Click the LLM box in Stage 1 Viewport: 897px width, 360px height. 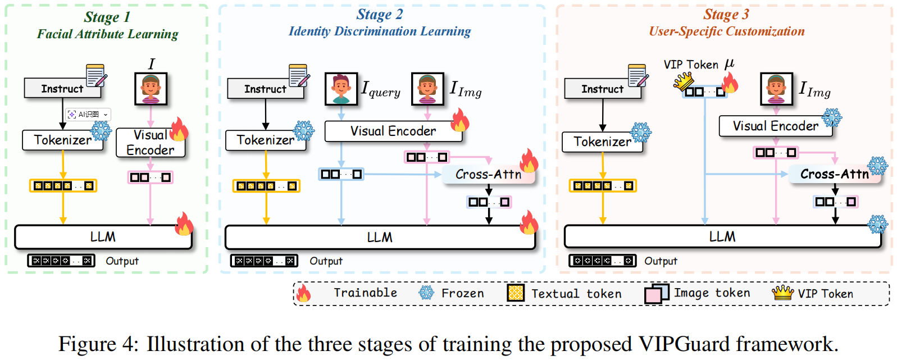click(103, 237)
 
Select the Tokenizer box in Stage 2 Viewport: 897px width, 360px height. click(265, 140)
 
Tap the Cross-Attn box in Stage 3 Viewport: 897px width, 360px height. click(834, 174)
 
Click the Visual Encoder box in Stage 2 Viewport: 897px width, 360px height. click(393, 131)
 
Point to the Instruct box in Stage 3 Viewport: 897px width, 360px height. click(602, 89)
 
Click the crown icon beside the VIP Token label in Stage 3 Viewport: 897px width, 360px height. click(684, 82)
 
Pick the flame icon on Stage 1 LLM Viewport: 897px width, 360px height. click(184, 224)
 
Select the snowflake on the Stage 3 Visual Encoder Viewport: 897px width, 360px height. click(832, 117)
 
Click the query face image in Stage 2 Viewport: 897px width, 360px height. click(341, 89)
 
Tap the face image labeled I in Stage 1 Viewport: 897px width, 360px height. click(151, 89)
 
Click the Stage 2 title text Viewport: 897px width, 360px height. click(380, 15)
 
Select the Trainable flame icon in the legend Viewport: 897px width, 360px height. click(303, 293)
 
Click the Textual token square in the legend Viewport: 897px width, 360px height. click(515, 293)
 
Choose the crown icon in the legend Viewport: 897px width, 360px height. click(782, 293)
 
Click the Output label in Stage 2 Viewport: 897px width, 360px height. click(326, 261)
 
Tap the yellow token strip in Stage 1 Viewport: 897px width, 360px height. click(63, 185)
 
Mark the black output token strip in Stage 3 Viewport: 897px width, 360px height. click(602, 261)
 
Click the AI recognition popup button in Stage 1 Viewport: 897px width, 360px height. click(88, 115)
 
